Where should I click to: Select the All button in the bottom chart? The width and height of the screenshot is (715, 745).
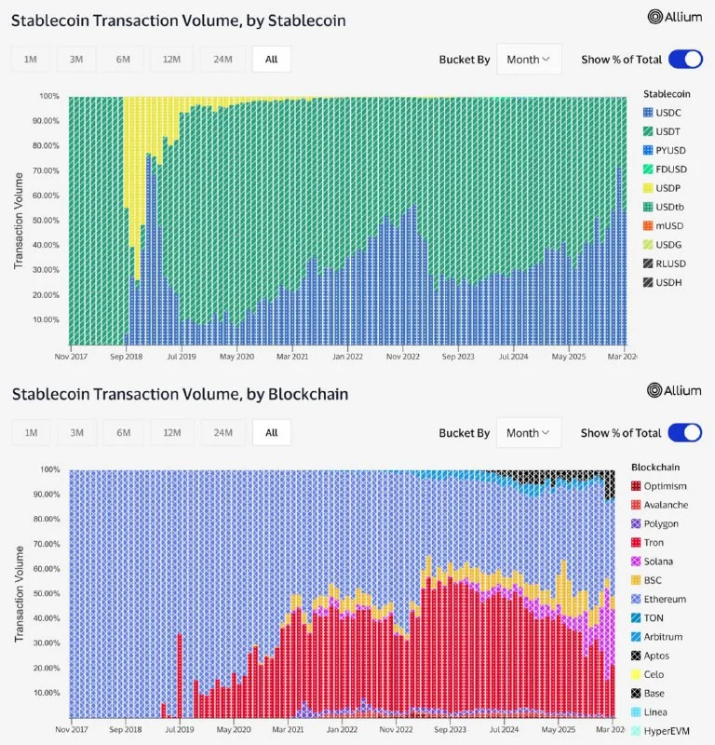[x=271, y=433]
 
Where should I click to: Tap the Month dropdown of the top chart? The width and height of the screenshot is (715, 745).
[x=529, y=60]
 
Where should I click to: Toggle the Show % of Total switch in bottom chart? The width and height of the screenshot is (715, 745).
[x=685, y=433]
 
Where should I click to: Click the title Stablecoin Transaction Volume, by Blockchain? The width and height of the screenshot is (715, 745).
[x=181, y=394]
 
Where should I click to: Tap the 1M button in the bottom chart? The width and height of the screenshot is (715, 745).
[x=31, y=433]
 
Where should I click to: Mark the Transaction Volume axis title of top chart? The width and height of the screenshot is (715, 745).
[x=18, y=221]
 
